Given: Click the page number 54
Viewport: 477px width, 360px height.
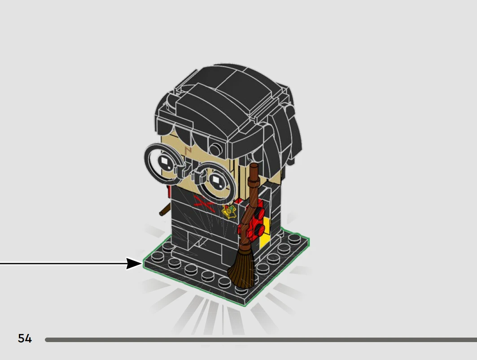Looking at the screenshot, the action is [25, 338].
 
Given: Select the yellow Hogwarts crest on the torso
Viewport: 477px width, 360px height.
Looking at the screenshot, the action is [229, 211].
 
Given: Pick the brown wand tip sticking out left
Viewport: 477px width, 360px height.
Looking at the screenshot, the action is [164, 210].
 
